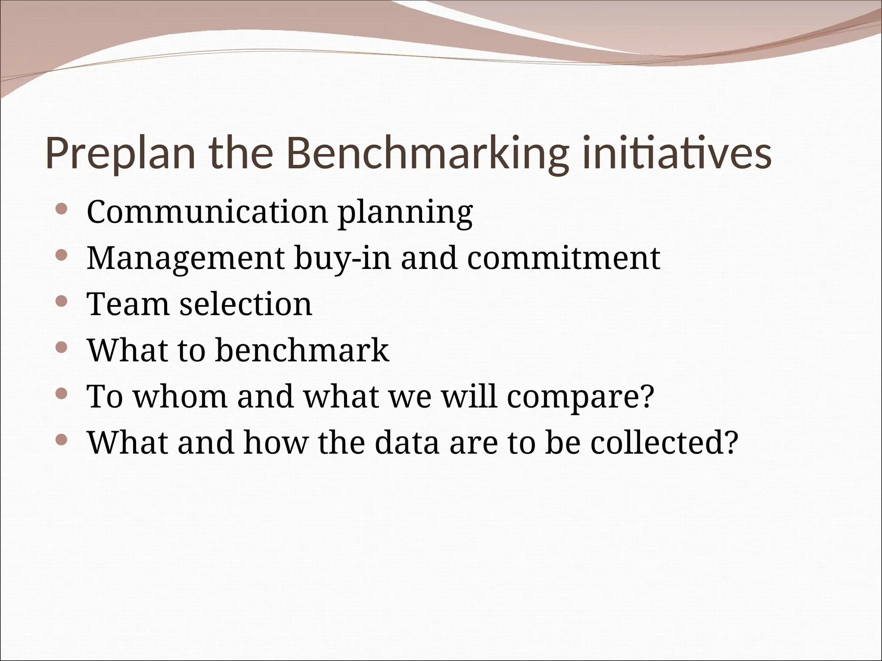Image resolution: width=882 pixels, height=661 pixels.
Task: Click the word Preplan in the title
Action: pyautogui.click(x=121, y=154)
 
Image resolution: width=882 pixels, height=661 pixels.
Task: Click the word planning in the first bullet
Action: pyautogui.click(x=405, y=214)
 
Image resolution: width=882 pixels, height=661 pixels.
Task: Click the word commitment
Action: pyautogui.click(x=563, y=259)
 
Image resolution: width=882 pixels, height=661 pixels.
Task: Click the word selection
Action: pyautogui.click(x=245, y=304)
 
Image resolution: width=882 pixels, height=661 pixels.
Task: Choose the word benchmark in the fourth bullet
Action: pyautogui.click(x=302, y=350)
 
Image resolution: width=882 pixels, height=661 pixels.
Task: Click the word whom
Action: pyautogui.click(x=180, y=396)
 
